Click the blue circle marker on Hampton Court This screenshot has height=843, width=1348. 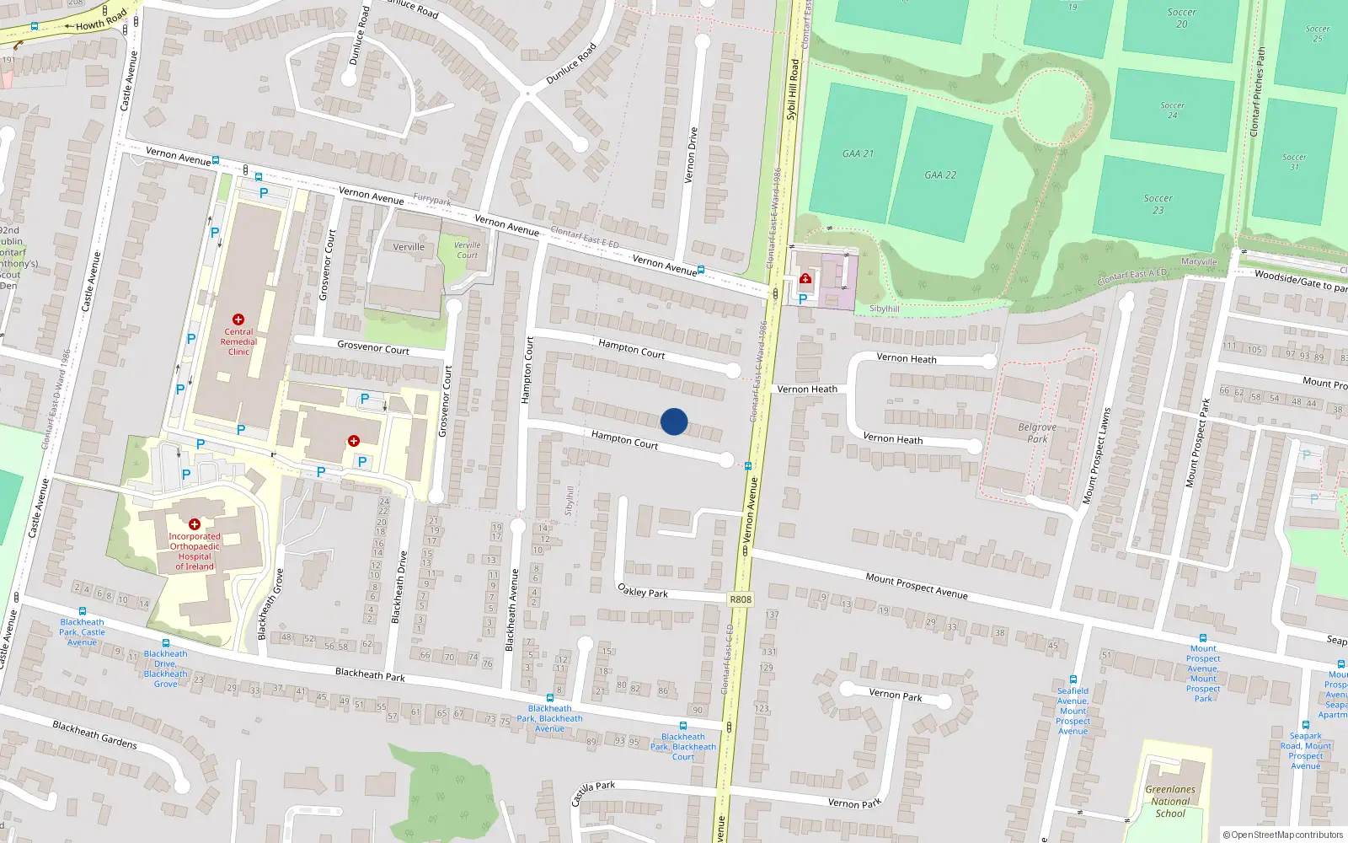click(x=674, y=421)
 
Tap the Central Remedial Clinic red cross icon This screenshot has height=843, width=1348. click(x=238, y=320)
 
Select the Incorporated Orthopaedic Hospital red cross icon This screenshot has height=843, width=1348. click(x=195, y=524)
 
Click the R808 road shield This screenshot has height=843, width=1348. click(x=740, y=599)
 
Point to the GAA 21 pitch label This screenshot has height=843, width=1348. click(x=858, y=153)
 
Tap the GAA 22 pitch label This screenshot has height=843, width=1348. click(x=940, y=175)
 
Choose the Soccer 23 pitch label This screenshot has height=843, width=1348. click(x=1158, y=204)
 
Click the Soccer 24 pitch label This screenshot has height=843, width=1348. click(x=1172, y=110)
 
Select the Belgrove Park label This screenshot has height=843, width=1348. click(x=1037, y=432)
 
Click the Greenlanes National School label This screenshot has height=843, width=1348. click(x=1170, y=802)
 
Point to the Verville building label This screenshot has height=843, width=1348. click(x=409, y=247)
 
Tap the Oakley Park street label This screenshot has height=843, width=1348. click(x=643, y=591)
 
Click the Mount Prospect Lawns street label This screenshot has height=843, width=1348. click(x=1097, y=456)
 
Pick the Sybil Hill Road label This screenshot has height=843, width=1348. click(x=792, y=89)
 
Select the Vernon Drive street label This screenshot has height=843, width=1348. click(x=692, y=155)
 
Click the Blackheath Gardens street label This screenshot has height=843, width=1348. click(x=94, y=734)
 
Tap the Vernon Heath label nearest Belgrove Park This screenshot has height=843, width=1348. click(x=893, y=438)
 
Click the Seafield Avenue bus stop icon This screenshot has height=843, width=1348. click(x=1073, y=679)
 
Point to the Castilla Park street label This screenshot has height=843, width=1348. click(x=593, y=792)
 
